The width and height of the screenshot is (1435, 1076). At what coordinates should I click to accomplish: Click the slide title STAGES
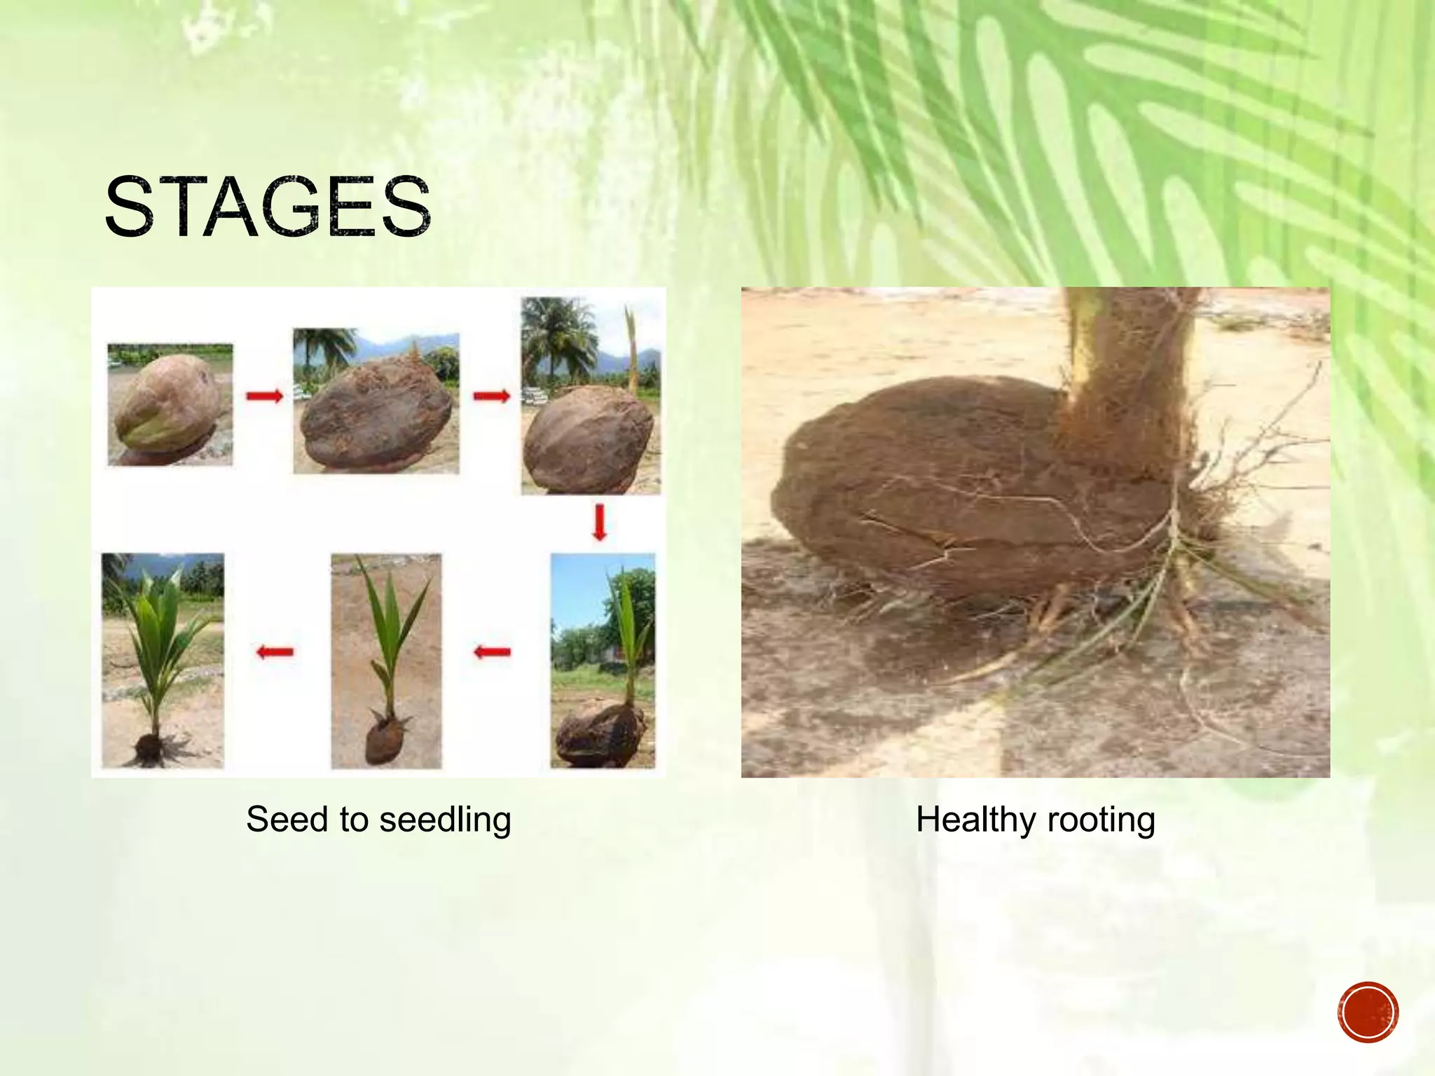(x=268, y=207)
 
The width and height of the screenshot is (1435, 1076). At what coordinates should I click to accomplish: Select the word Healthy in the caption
(x=977, y=820)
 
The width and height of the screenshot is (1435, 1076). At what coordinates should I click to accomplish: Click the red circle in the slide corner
(x=1367, y=1012)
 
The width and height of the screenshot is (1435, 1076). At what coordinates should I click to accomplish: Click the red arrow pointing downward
(x=599, y=523)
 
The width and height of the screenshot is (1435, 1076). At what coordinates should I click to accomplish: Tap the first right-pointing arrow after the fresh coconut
(x=264, y=396)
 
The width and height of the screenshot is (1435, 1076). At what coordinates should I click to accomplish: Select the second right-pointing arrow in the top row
(x=491, y=397)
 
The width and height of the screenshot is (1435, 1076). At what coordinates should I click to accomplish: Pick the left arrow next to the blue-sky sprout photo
(x=492, y=652)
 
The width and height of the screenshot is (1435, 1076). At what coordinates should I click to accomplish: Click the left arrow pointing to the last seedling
(x=275, y=652)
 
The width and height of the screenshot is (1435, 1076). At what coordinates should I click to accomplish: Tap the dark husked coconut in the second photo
(x=376, y=413)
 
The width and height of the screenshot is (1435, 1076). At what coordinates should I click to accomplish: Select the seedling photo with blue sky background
(x=603, y=660)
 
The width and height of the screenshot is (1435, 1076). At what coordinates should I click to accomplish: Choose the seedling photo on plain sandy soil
(x=386, y=660)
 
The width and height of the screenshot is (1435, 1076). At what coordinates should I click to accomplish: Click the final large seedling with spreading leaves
(x=162, y=660)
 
